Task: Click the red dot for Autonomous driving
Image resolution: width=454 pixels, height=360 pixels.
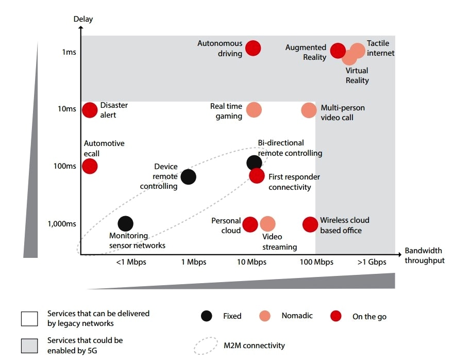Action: [x=253, y=48]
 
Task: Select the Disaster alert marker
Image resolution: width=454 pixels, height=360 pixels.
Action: [x=90, y=110]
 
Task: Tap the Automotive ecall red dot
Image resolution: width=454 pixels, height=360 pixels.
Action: [x=90, y=166]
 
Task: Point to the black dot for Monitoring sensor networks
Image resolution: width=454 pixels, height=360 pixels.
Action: [x=125, y=223]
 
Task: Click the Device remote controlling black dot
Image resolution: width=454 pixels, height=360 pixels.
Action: [x=189, y=177]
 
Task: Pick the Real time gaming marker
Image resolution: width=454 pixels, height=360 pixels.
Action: [x=254, y=110]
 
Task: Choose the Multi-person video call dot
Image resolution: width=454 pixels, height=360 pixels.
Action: [x=309, y=110]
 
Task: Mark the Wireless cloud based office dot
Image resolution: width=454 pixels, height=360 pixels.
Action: [x=310, y=224]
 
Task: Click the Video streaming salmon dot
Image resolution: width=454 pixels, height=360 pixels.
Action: [x=267, y=224]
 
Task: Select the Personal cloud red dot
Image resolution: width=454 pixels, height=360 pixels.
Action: [x=250, y=224]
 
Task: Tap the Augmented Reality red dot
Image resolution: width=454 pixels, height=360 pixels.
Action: [x=338, y=51]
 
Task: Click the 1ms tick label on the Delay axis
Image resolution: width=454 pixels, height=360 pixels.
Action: [x=69, y=53]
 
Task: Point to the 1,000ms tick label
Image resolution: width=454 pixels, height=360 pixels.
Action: [x=62, y=224]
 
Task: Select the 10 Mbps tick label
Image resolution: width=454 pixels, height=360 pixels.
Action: [x=251, y=262]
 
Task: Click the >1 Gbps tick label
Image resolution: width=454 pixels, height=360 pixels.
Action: [x=372, y=262]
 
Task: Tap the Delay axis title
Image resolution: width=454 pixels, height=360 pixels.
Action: [x=82, y=20]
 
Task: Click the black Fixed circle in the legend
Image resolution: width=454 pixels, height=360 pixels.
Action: [x=206, y=316]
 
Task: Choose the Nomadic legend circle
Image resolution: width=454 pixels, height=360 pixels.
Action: [x=265, y=316]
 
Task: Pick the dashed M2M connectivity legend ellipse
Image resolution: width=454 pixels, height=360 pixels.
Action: [x=206, y=346]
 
